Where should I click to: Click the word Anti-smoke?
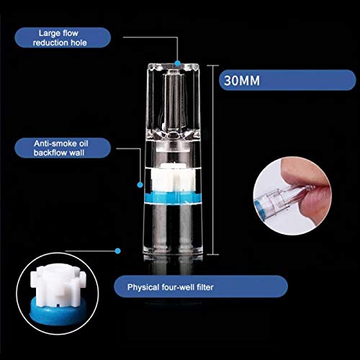pyautogui.click(x=52, y=143)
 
